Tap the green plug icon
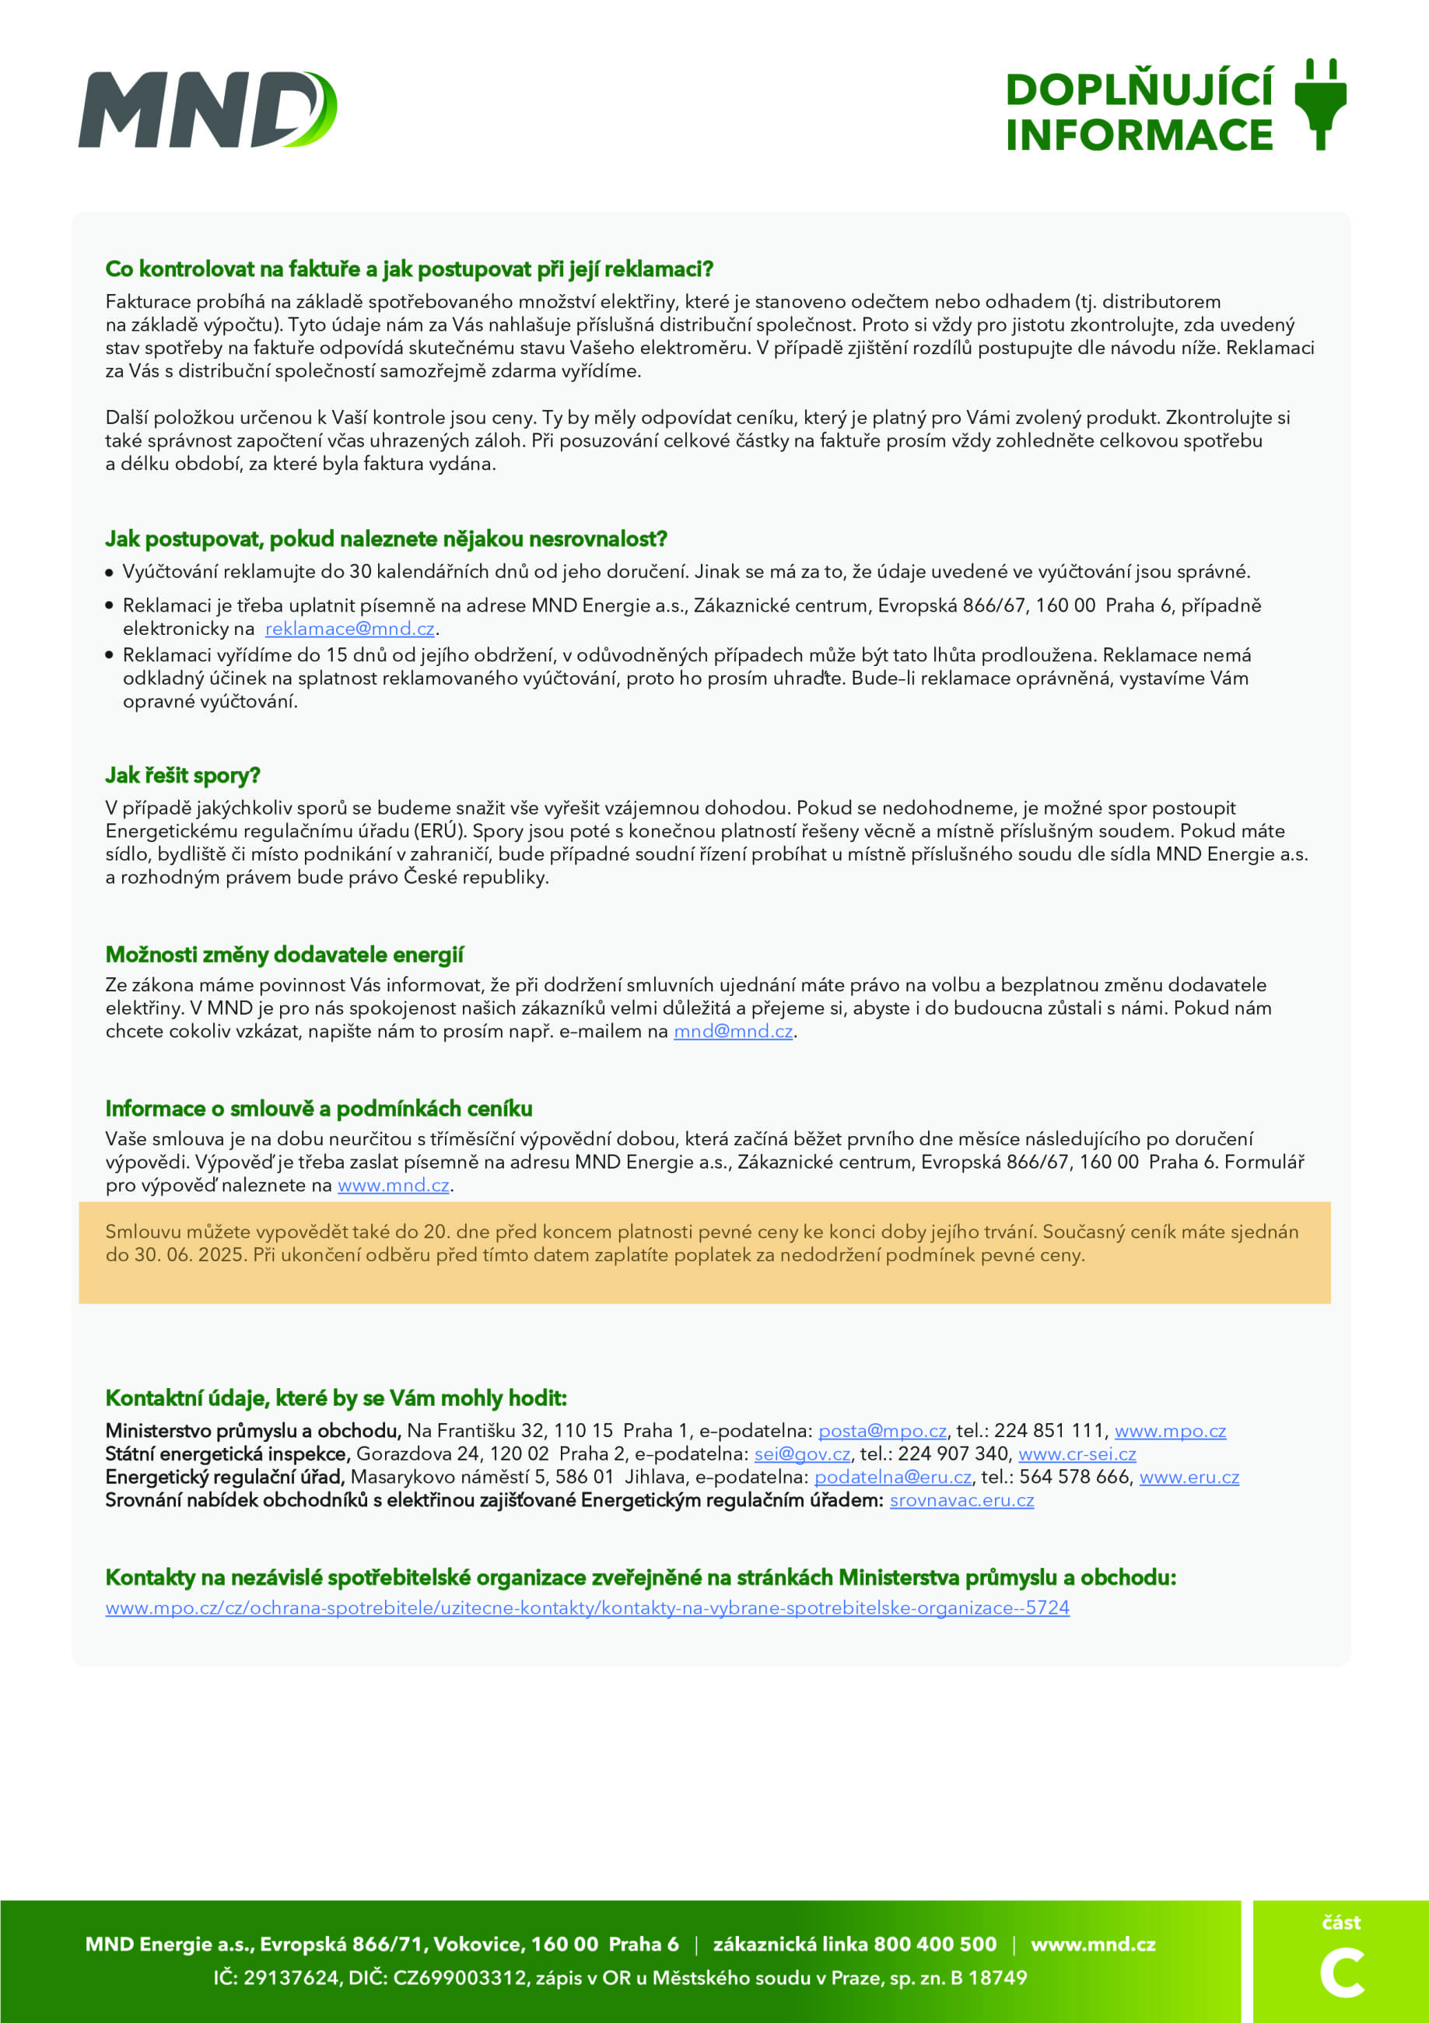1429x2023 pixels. [x=1320, y=104]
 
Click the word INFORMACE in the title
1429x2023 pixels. [x=1138, y=135]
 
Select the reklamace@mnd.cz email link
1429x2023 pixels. [x=350, y=628]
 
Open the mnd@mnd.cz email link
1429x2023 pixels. [x=733, y=1031]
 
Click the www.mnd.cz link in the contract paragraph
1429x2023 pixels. [x=393, y=1185]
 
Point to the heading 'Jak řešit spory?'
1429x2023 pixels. [x=182, y=776]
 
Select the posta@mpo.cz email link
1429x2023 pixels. [x=882, y=1431]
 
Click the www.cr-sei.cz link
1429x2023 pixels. [x=1077, y=1453]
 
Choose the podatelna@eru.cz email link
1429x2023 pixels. [x=892, y=1477]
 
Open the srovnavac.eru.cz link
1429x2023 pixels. [x=961, y=1499]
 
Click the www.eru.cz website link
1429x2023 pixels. [x=1189, y=1477]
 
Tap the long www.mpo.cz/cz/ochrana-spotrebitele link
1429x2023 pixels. [x=587, y=1608]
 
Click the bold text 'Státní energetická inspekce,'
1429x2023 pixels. [x=227, y=1453]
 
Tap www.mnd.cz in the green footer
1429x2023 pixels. [x=1092, y=1944]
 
